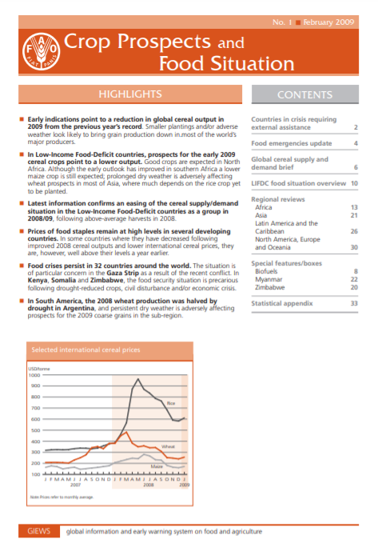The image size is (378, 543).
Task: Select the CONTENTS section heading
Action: pos(304,94)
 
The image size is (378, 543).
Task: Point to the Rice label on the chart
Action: pos(170,413)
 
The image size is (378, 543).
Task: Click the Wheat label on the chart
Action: pos(168,445)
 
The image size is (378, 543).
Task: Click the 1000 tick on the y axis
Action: pos(34,374)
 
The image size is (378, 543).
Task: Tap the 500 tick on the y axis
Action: pos(36,430)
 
